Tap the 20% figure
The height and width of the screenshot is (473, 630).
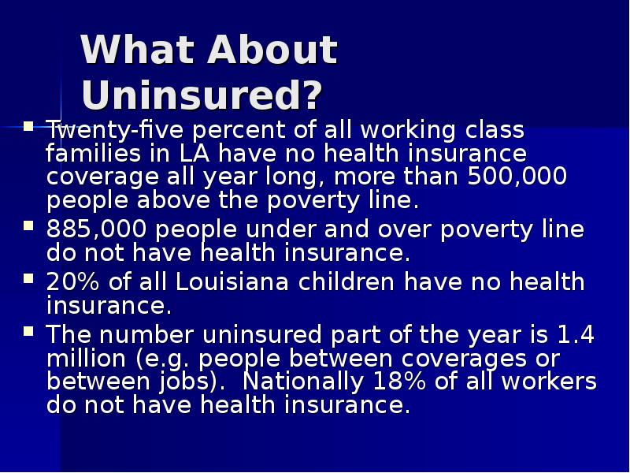click(x=70, y=282)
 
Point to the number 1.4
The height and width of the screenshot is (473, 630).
click(x=576, y=335)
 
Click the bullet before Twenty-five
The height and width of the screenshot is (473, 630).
click(x=29, y=125)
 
